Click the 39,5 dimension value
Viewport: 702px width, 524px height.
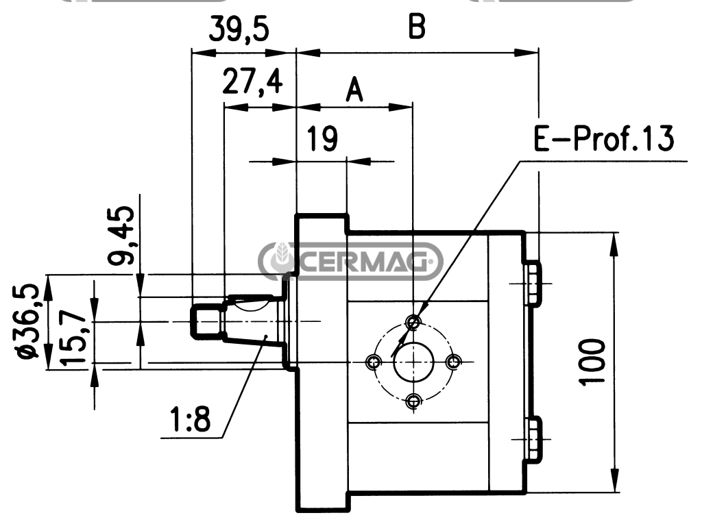pyautogui.click(x=239, y=29)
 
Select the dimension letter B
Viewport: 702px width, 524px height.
pyautogui.click(x=417, y=27)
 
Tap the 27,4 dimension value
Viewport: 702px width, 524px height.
pyautogui.click(x=252, y=82)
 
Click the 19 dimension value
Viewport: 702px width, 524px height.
pyautogui.click(x=322, y=139)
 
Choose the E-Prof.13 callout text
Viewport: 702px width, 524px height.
pyautogui.click(x=603, y=138)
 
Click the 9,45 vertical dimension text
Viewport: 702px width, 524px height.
pyautogui.click(x=122, y=236)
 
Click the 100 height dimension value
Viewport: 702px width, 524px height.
pyautogui.click(x=593, y=362)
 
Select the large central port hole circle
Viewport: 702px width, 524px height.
pyautogui.click(x=413, y=362)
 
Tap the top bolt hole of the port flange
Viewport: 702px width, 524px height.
pyautogui.click(x=413, y=321)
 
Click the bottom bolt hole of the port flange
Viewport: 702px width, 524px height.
pyautogui.click(x=413, y=401)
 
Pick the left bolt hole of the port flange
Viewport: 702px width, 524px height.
pyautogui.click(x=374, y=362)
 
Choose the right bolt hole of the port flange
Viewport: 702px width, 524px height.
pyautogui.click(x=454, y=362)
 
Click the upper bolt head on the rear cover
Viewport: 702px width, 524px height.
pyautogui.click(x=533, y=284)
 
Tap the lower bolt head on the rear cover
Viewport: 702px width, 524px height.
pyautogui.click(x=533, y=440)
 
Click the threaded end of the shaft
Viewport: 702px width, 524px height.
pyautogui.click(x=206, y=321)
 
